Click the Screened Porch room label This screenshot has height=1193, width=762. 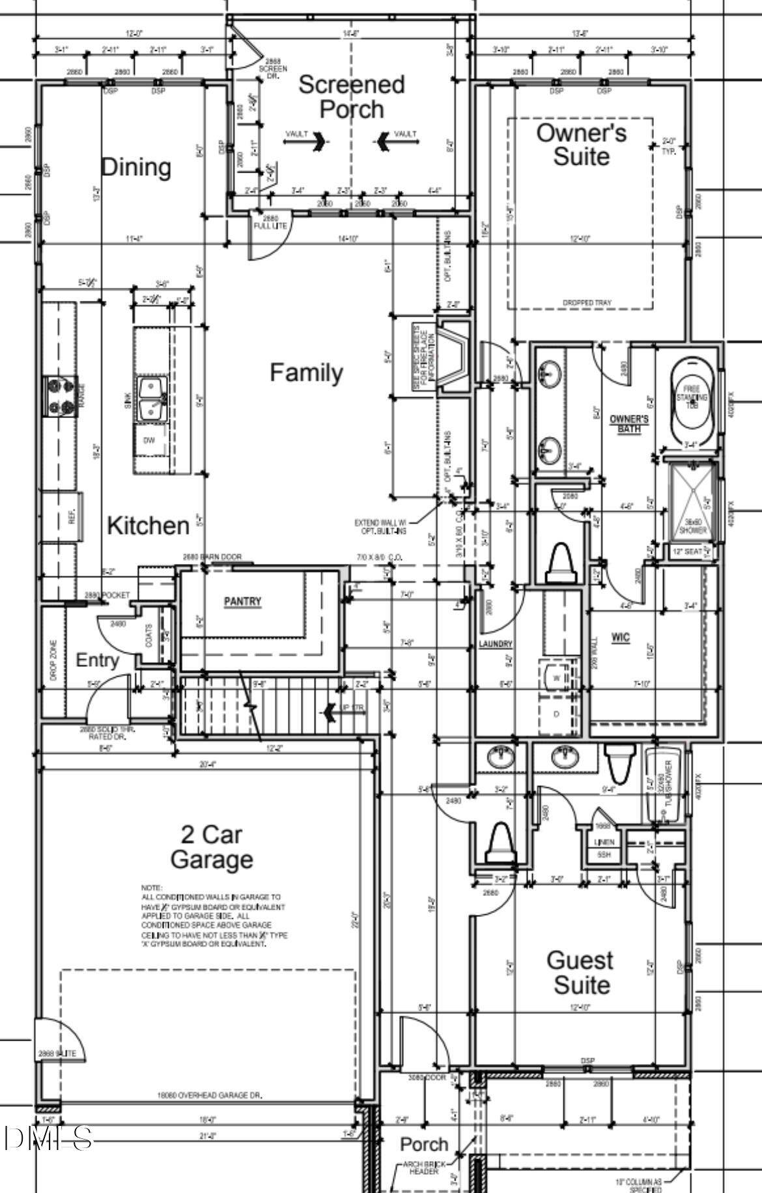[x=351, y=96]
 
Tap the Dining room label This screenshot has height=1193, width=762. [x=136, y=167]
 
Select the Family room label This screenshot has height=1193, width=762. [x=306, y=372]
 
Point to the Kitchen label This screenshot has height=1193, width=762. [x=148, y=526]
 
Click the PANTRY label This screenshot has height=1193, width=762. [x=242, y=601]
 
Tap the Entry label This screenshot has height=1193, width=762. [x=98, y=660]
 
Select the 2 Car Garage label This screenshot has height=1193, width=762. [x=212, y=847]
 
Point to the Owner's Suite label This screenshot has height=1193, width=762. [x=581, y=145]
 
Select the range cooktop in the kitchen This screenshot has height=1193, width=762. [x=60, y=396]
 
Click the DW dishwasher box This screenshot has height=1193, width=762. [x=150, y=441]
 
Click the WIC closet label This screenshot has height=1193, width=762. [x=621, y=638]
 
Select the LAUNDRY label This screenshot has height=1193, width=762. [x=496, y=644]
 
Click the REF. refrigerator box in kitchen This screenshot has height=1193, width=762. [x=71, y=517]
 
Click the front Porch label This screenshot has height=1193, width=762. [x=424, y=1144]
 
